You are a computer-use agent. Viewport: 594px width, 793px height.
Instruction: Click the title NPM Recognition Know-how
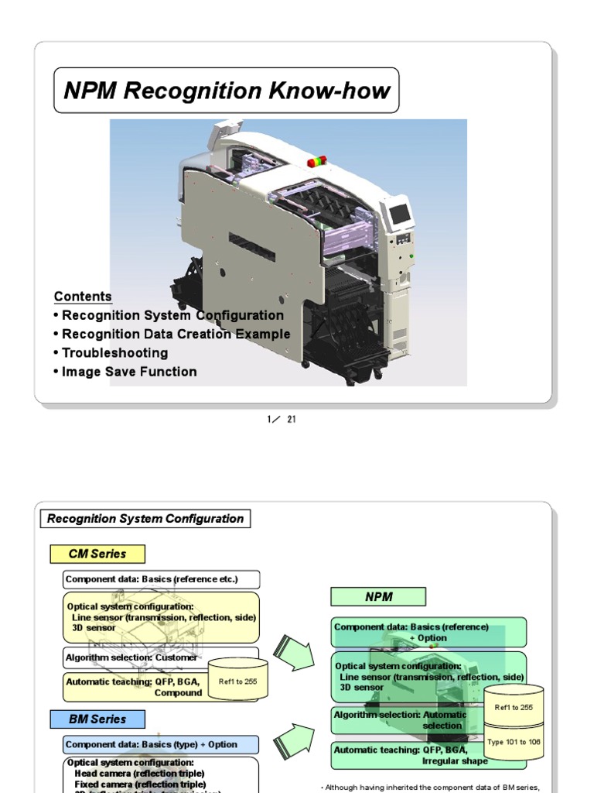point(227,91)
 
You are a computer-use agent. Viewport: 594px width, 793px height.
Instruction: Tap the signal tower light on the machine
point(317,161)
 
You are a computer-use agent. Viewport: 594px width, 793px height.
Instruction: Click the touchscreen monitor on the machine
point(401,215)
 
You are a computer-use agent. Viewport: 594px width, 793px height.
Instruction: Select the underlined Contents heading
point(83,297)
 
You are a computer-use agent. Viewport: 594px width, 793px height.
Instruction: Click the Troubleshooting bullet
point(111,353)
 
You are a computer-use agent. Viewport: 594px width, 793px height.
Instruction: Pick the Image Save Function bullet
point(125,372)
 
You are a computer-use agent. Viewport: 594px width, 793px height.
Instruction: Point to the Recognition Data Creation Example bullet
point(172,335)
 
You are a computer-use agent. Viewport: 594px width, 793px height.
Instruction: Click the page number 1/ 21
point(282,420)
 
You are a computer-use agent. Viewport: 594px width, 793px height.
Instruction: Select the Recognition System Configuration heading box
point(145,519)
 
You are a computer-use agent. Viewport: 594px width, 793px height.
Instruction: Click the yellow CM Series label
point(97,554)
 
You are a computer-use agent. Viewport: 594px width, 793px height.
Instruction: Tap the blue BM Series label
point(97,719)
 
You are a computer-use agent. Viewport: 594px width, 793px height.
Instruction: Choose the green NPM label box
point(378,597)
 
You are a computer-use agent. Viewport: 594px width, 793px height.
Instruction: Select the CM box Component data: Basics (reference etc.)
point(161,579)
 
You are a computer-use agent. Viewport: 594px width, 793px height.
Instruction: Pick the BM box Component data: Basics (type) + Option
point(161,744)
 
